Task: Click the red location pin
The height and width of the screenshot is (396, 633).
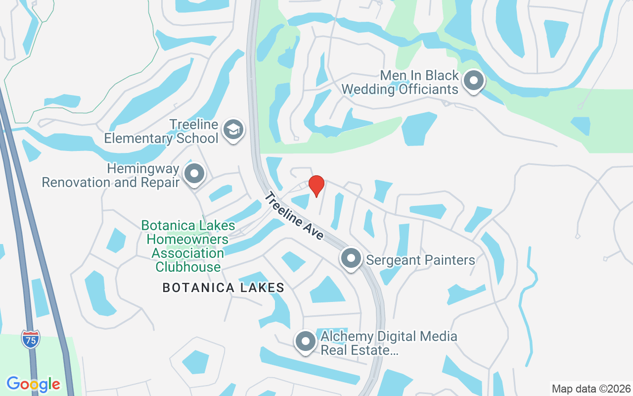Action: [x=316, y=185]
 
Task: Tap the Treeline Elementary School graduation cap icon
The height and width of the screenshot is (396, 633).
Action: [x=233, y=130]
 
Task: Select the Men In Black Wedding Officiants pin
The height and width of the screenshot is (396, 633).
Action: [x=474, y=81]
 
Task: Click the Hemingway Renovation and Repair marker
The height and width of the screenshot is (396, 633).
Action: [x=194, y=174]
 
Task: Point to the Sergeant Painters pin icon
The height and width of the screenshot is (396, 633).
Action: [x=351, y=258]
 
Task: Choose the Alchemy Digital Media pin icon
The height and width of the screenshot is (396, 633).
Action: [x=305, y=342]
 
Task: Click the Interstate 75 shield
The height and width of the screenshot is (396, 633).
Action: [x=31, y=340]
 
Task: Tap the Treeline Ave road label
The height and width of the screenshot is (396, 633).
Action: [x=294, y=216]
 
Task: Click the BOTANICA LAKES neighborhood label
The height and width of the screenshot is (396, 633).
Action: [x=224, y=288]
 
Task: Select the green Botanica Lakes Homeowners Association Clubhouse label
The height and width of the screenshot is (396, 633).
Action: [x=188, y=246]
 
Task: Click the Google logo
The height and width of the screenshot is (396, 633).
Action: [x=33, y=384]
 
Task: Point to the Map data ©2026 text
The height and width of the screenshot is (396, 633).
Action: [x=591, y=389]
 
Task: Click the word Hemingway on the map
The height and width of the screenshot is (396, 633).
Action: [x=143, y=168]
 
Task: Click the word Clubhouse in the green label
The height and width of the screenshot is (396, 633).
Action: [x=188, y=267]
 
